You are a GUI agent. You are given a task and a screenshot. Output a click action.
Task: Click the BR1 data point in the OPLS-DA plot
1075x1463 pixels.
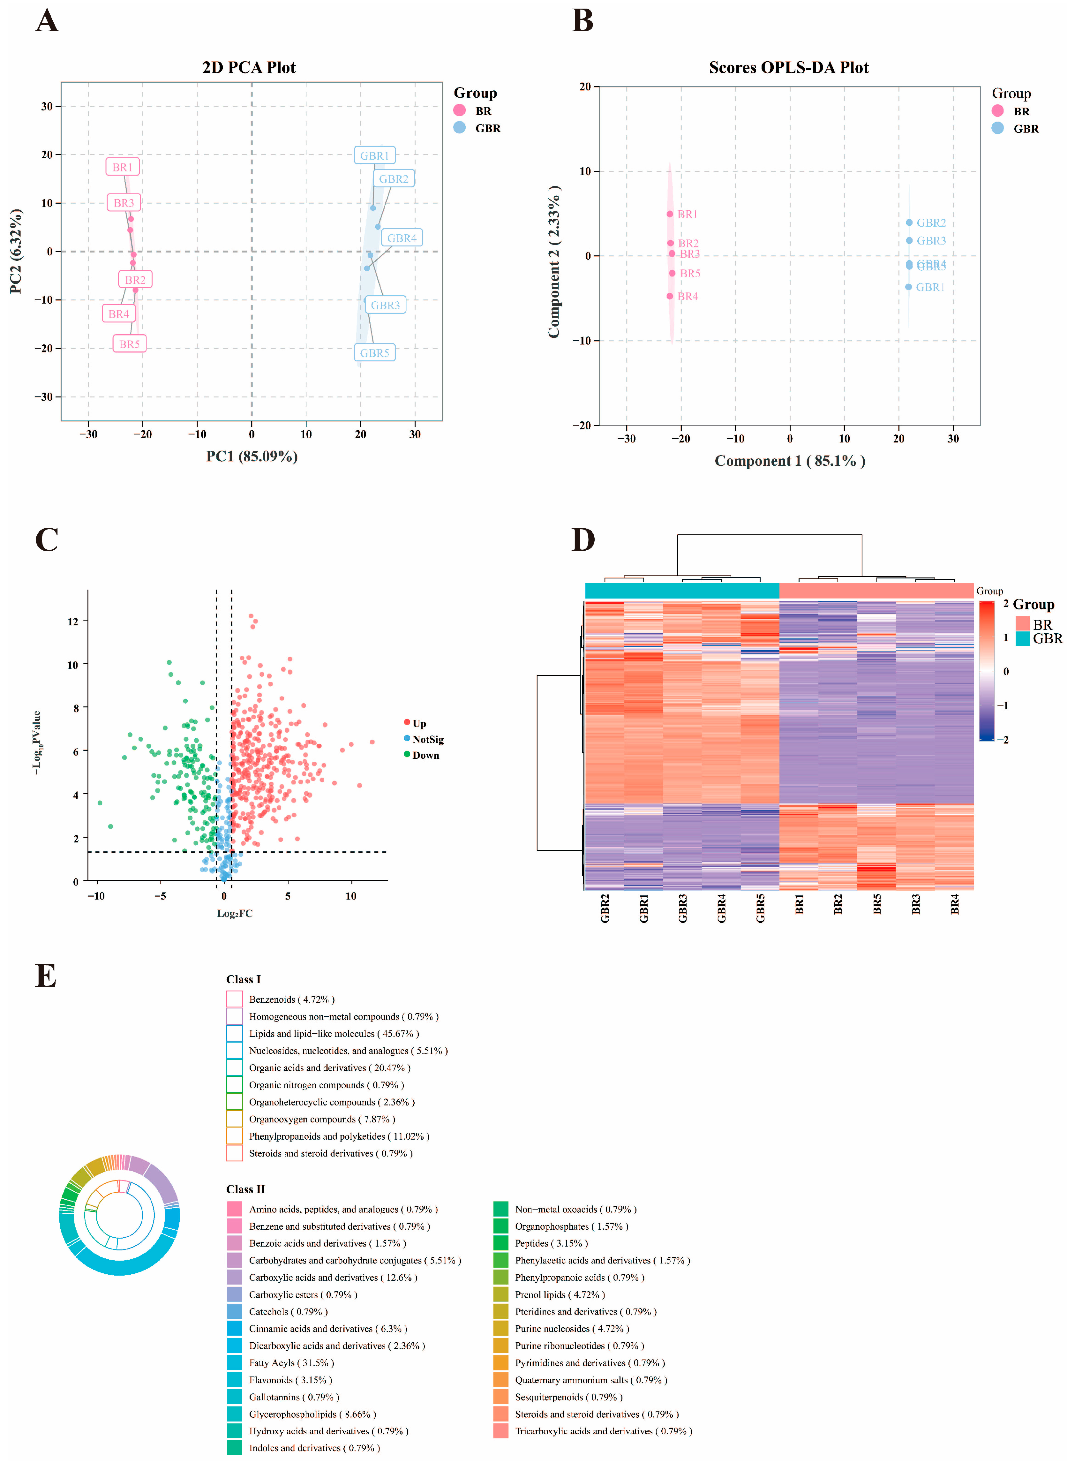tap(670, 214)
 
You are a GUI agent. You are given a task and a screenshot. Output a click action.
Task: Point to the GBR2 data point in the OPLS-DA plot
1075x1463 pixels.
tap(909, 222)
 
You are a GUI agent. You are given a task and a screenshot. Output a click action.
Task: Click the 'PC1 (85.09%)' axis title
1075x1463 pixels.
tap(252, 456)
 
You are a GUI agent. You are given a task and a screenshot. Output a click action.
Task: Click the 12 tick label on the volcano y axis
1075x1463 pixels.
tap(73, 622)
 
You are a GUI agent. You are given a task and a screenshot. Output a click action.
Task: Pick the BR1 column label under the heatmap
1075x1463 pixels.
tap(799, 905)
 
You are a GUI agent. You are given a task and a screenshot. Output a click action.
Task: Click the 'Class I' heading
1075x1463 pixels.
tap(243, 979)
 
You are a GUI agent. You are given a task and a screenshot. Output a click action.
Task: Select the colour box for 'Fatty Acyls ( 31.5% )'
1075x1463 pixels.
tap(235, 1363)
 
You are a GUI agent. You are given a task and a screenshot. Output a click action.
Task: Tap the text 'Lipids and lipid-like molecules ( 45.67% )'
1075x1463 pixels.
tap(334, 1033)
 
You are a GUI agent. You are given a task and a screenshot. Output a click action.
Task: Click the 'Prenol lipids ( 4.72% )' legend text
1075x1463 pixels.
tap(560, 1294)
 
